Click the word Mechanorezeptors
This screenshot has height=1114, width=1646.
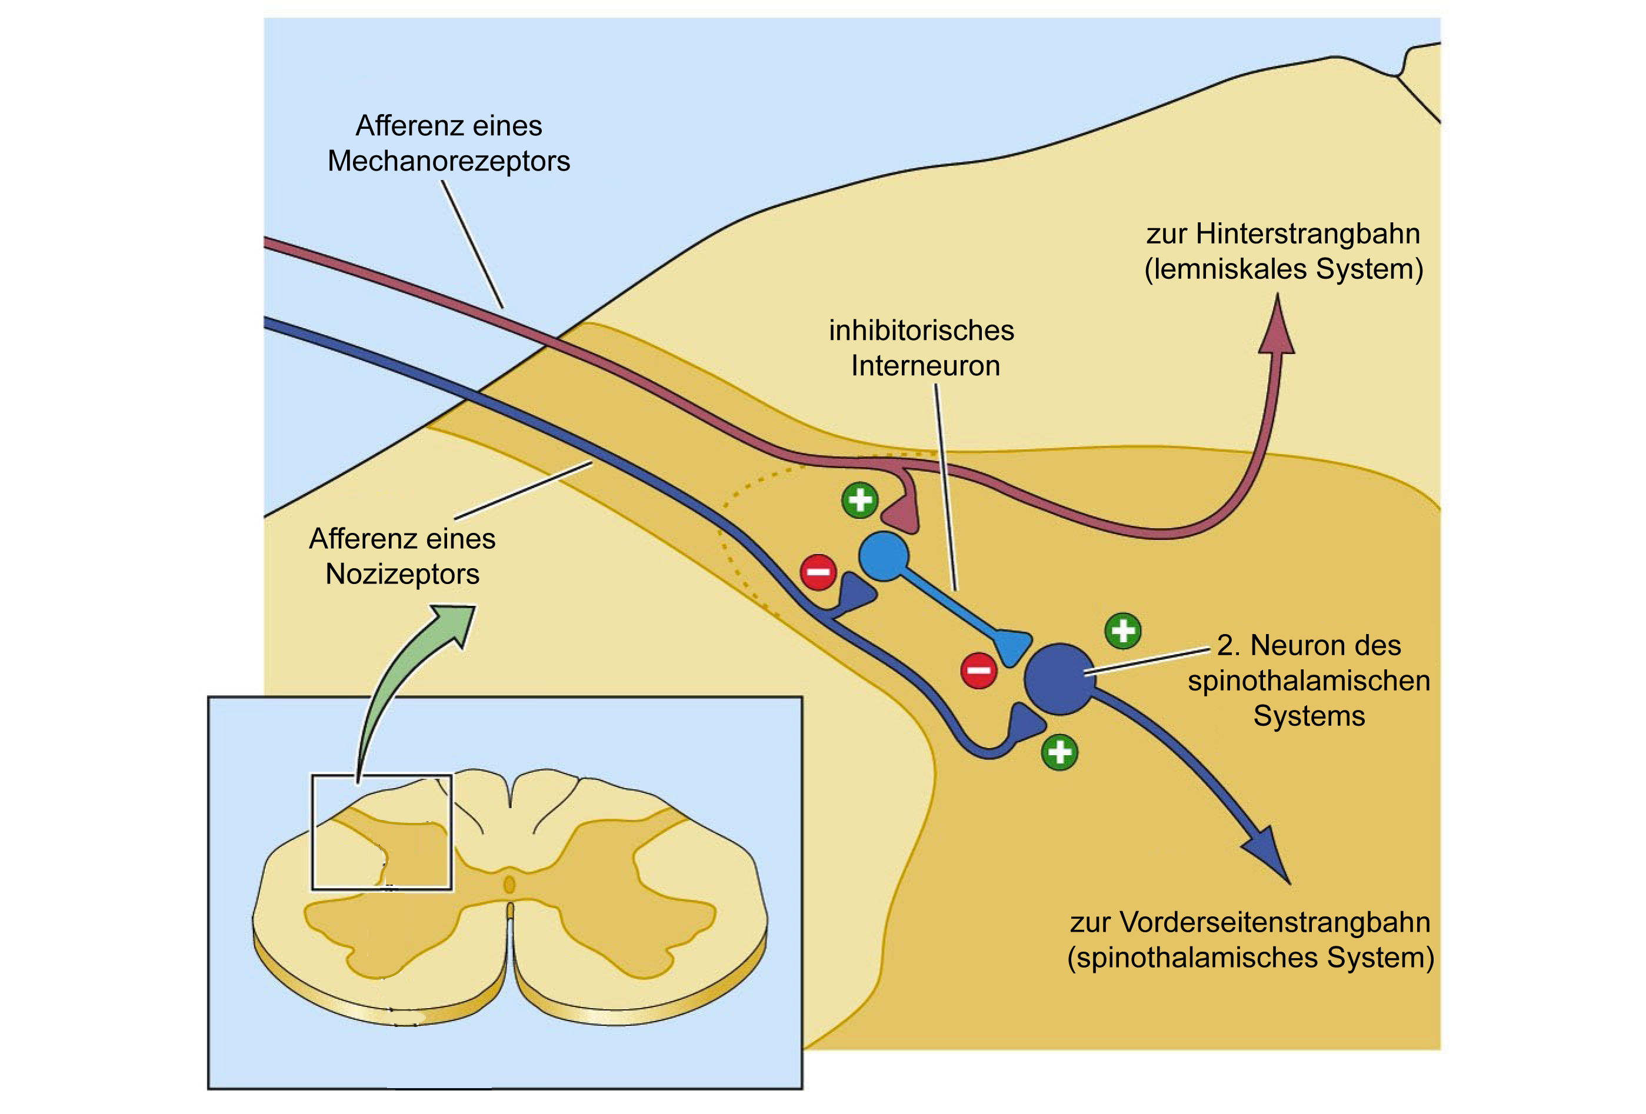(448, 162)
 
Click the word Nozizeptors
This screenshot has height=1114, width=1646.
(402, 574)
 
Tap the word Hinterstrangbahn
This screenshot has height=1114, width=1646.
(1308, 234)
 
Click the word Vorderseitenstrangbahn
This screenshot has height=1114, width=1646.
(1275, 922)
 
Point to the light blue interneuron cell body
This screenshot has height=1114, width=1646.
(883, 556)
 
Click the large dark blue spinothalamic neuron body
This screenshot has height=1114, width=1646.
(1059, 678)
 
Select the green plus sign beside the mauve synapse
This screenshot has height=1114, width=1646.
(860, 500)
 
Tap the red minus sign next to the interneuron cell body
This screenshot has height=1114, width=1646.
(819, 572)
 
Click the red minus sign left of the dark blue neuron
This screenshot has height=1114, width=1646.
(979, 669)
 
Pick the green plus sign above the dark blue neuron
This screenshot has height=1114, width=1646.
(1123, 631)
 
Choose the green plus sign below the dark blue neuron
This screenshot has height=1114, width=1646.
(1059, 752)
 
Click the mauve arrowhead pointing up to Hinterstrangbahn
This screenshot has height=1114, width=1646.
(1278, 326)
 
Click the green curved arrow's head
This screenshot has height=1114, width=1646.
(454, 623)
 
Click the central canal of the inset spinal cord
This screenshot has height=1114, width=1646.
(508, 885)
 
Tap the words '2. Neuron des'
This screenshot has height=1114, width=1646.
(1309, 645)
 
